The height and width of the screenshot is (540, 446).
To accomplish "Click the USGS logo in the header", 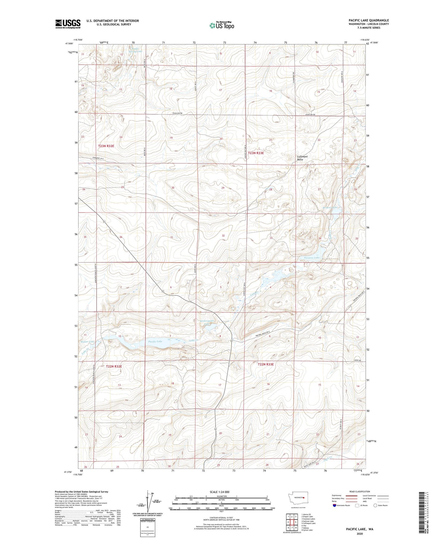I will click(x=68, y=24).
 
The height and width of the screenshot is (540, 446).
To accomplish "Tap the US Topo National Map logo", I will click(x=222, y=25).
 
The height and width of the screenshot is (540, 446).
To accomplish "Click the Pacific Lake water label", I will click(x=155, y=341).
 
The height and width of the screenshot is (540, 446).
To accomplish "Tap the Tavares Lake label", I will click(x=312, y=258).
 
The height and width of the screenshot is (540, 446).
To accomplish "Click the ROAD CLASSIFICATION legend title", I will click(x=360, y=491).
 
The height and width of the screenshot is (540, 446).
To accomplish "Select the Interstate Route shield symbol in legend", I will click(x=334, y=505).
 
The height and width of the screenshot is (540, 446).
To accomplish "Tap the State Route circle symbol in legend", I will click(x=375, y=505).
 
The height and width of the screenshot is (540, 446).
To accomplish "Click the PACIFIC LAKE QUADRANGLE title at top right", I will click(x=369, y=20).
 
